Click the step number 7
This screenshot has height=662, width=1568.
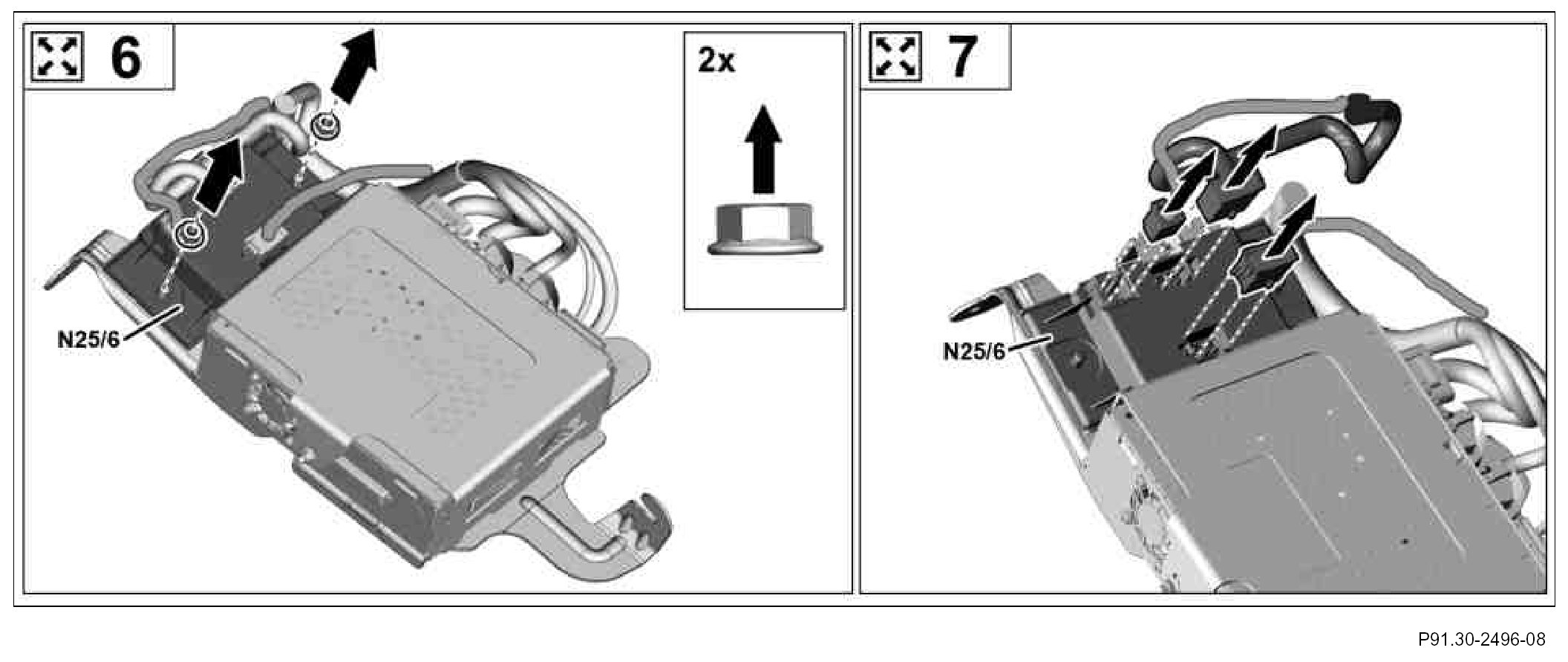pos(960,58)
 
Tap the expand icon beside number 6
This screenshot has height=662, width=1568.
pos(56,57)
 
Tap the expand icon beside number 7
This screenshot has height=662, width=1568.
pos(895,57)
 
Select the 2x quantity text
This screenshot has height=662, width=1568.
pos(716,61)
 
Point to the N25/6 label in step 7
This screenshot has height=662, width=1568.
pos(973,351)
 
